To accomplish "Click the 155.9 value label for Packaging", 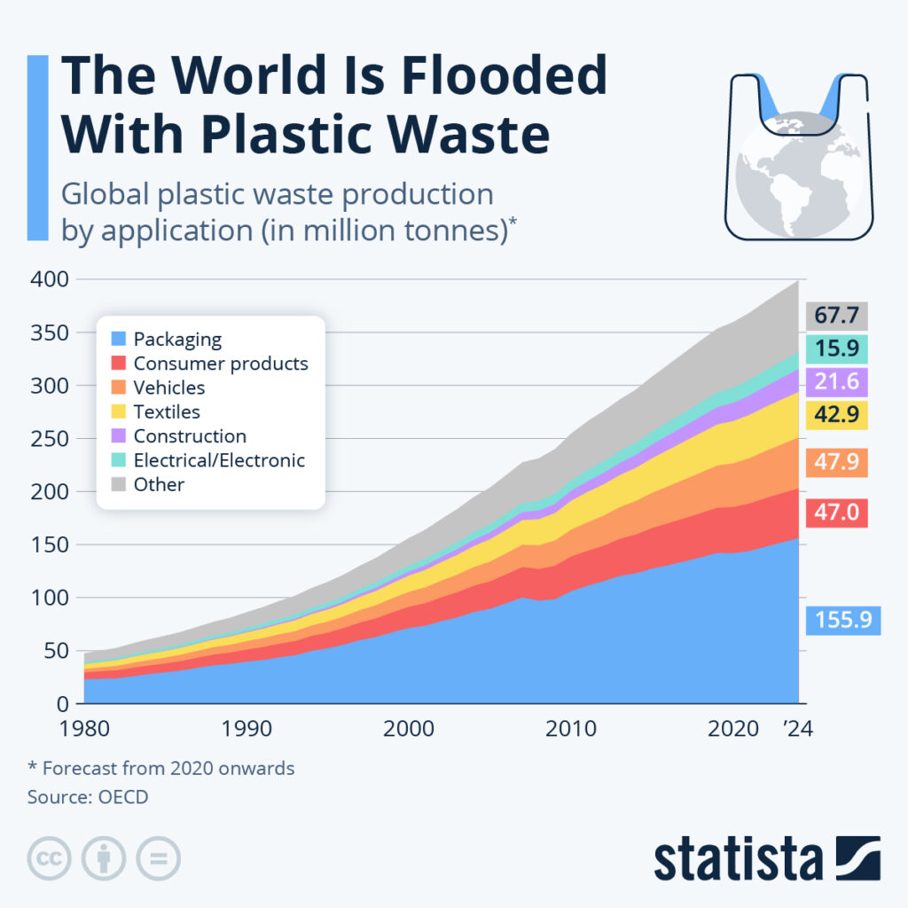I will (842, 621).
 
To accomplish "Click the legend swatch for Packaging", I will (117, 339).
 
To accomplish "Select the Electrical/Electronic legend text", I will (219, 460).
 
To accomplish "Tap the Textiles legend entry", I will (167, 411).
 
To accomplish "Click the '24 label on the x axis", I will (794, 729).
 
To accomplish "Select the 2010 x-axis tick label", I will (568, 729).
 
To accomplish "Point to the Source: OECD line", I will (88, 796).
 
